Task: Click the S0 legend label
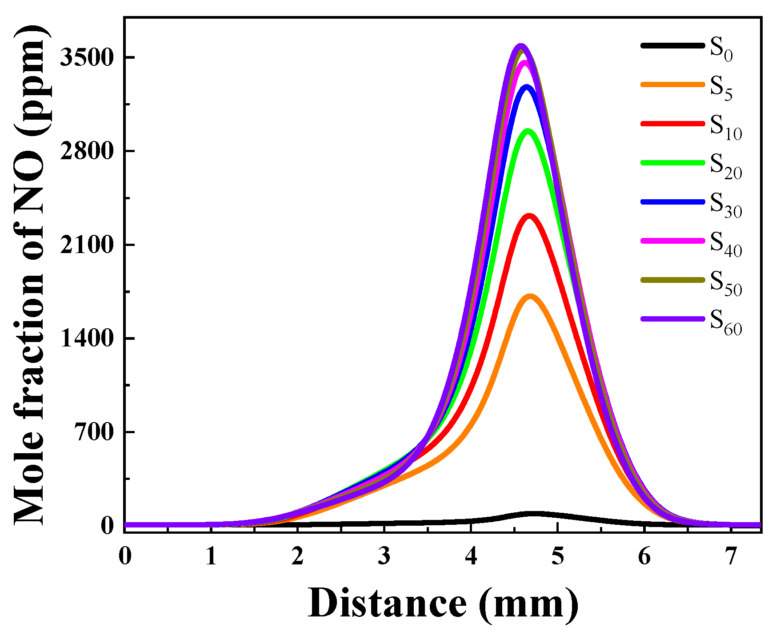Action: pos(720,48)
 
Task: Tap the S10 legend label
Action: pos(725,126)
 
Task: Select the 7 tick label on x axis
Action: pos(731,556)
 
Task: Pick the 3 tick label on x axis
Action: pos(384,556)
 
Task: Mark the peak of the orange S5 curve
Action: pos(530,296)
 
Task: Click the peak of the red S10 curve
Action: pos(529,216)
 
